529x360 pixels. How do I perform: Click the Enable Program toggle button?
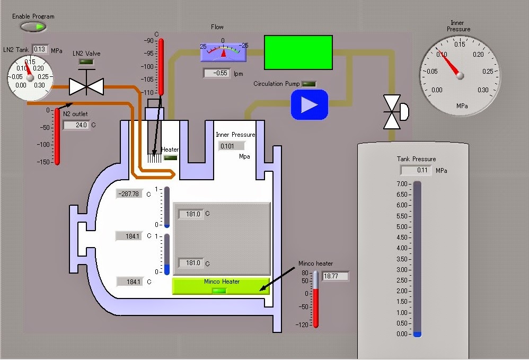33,27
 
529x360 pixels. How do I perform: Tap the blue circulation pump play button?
310,104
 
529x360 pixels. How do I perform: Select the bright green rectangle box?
298,52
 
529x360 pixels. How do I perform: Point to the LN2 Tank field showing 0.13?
40,49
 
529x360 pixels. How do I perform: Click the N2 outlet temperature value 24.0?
76,125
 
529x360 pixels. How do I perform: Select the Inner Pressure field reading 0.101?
231,146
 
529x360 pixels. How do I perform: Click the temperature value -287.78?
129,194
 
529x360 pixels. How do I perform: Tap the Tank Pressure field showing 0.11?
416,170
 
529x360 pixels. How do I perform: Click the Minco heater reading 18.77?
335,276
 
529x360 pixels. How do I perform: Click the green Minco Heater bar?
221,286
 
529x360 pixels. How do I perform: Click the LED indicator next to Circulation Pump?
308,84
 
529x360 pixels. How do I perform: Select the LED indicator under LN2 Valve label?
86,62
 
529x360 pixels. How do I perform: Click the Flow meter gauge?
223,52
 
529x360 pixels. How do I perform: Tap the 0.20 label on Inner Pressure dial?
478,54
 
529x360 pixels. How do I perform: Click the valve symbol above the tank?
396,112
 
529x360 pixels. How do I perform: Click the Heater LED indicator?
170,157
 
